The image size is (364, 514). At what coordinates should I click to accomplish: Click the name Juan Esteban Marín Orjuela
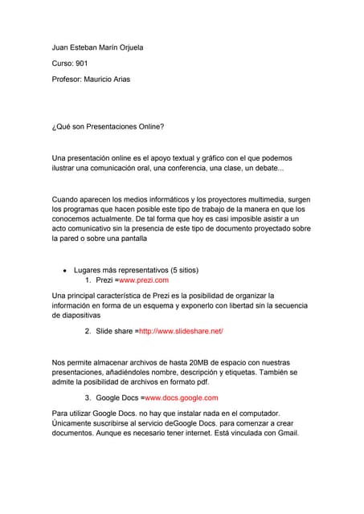(x=97, y=47)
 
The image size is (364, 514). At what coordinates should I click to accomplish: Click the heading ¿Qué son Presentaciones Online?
(x=108, y=127)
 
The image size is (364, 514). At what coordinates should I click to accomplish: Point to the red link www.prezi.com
(x=144, y=280)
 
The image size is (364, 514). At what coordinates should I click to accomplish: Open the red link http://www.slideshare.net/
(x=181, y=331)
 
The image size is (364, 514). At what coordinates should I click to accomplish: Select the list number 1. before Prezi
(x=88, y=280)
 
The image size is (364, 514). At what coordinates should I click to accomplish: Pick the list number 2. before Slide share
(x=88, y=331)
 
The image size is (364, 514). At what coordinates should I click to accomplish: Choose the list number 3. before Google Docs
(x=88, y=398)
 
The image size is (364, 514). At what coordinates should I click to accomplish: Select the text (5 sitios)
(x=176, y=270)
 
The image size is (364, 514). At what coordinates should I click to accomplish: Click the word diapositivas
(x=80, y=316)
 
